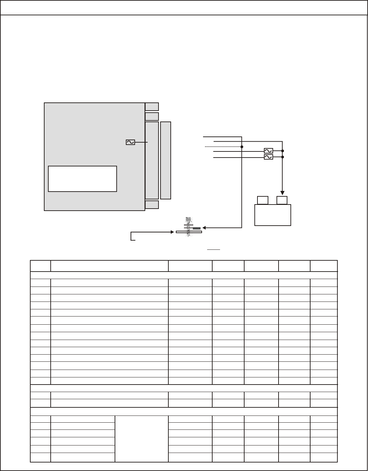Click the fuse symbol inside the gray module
[130, 142]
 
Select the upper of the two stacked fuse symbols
[268, 151]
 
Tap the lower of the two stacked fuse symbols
[268, 157]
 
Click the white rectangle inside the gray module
[83, 179]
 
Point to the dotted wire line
[223, 147]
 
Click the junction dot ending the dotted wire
[242, 147]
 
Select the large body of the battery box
[273, 215]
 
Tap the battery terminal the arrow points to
[282, 200]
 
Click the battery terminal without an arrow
[263, 200]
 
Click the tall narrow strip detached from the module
[166, 160]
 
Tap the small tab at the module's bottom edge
[152, 205]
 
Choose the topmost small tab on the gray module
[152, 107]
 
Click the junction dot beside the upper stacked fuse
[283, 151]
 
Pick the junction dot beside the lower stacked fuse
[283, 157]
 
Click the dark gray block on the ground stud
[196, 228]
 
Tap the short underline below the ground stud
[214, 249]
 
